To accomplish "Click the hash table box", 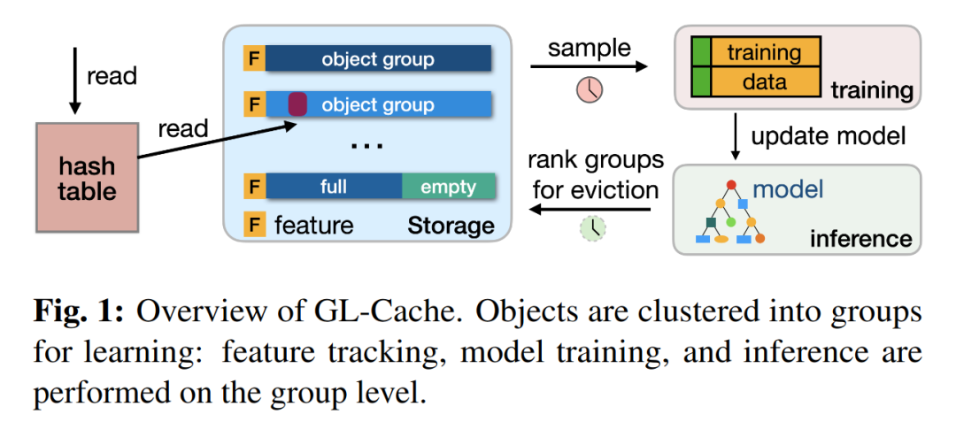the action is pyautogui.click(x=87, y=177).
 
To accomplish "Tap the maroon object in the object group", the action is pyautogui.click(x=297, y=104).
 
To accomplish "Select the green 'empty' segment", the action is pyautogui.click(x=448, y=187).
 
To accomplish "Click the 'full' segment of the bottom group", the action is pyautogui.click(x=334, y=187).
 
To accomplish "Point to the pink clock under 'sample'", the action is pyautogui.click(x=590, y=88).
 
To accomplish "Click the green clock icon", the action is pyautogui.click(x=592, y=228).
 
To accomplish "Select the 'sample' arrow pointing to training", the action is pyautogui.click(x=589, y=66).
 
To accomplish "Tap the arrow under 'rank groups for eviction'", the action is pyautogui.click(x=589, y=210).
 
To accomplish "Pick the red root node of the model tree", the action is pyautogui.click(x=732, y=183).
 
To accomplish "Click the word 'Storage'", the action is pyautogui.click(x=451, y=226).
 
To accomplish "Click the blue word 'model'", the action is pyautogui.click(x=788, y=189).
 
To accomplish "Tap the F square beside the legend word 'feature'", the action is pyautogui.click(x=254, y=224).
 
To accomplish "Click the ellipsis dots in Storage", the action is pyautogui.click(x=366, y=146).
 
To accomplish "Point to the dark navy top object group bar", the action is pyautogui.click(x=378, y=59).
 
